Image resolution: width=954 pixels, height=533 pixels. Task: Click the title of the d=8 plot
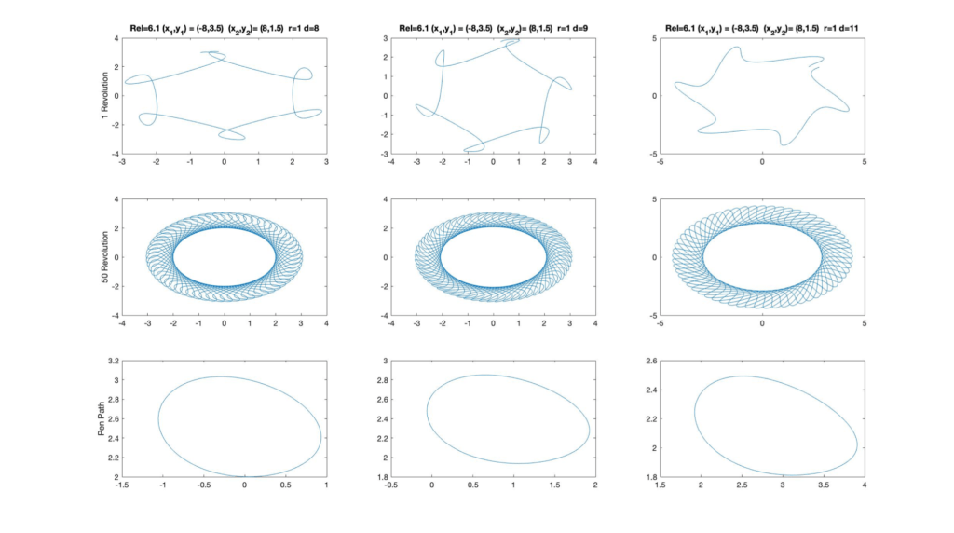224,28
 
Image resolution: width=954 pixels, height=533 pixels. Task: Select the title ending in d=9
491,28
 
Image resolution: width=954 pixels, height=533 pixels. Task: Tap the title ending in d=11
762,28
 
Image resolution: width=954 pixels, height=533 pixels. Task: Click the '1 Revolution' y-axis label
104,96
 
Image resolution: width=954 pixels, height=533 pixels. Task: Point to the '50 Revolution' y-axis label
104,257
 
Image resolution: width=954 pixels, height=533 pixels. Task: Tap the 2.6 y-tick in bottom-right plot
648,361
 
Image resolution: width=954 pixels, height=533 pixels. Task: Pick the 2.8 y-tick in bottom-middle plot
380,380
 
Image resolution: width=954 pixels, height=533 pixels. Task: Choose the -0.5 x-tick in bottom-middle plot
390,485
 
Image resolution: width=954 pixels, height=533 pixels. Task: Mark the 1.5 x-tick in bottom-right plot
660,485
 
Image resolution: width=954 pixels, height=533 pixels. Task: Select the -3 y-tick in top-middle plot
381,154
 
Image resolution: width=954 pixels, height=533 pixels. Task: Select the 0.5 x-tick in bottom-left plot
285,485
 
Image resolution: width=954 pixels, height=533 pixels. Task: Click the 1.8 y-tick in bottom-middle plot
380,477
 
